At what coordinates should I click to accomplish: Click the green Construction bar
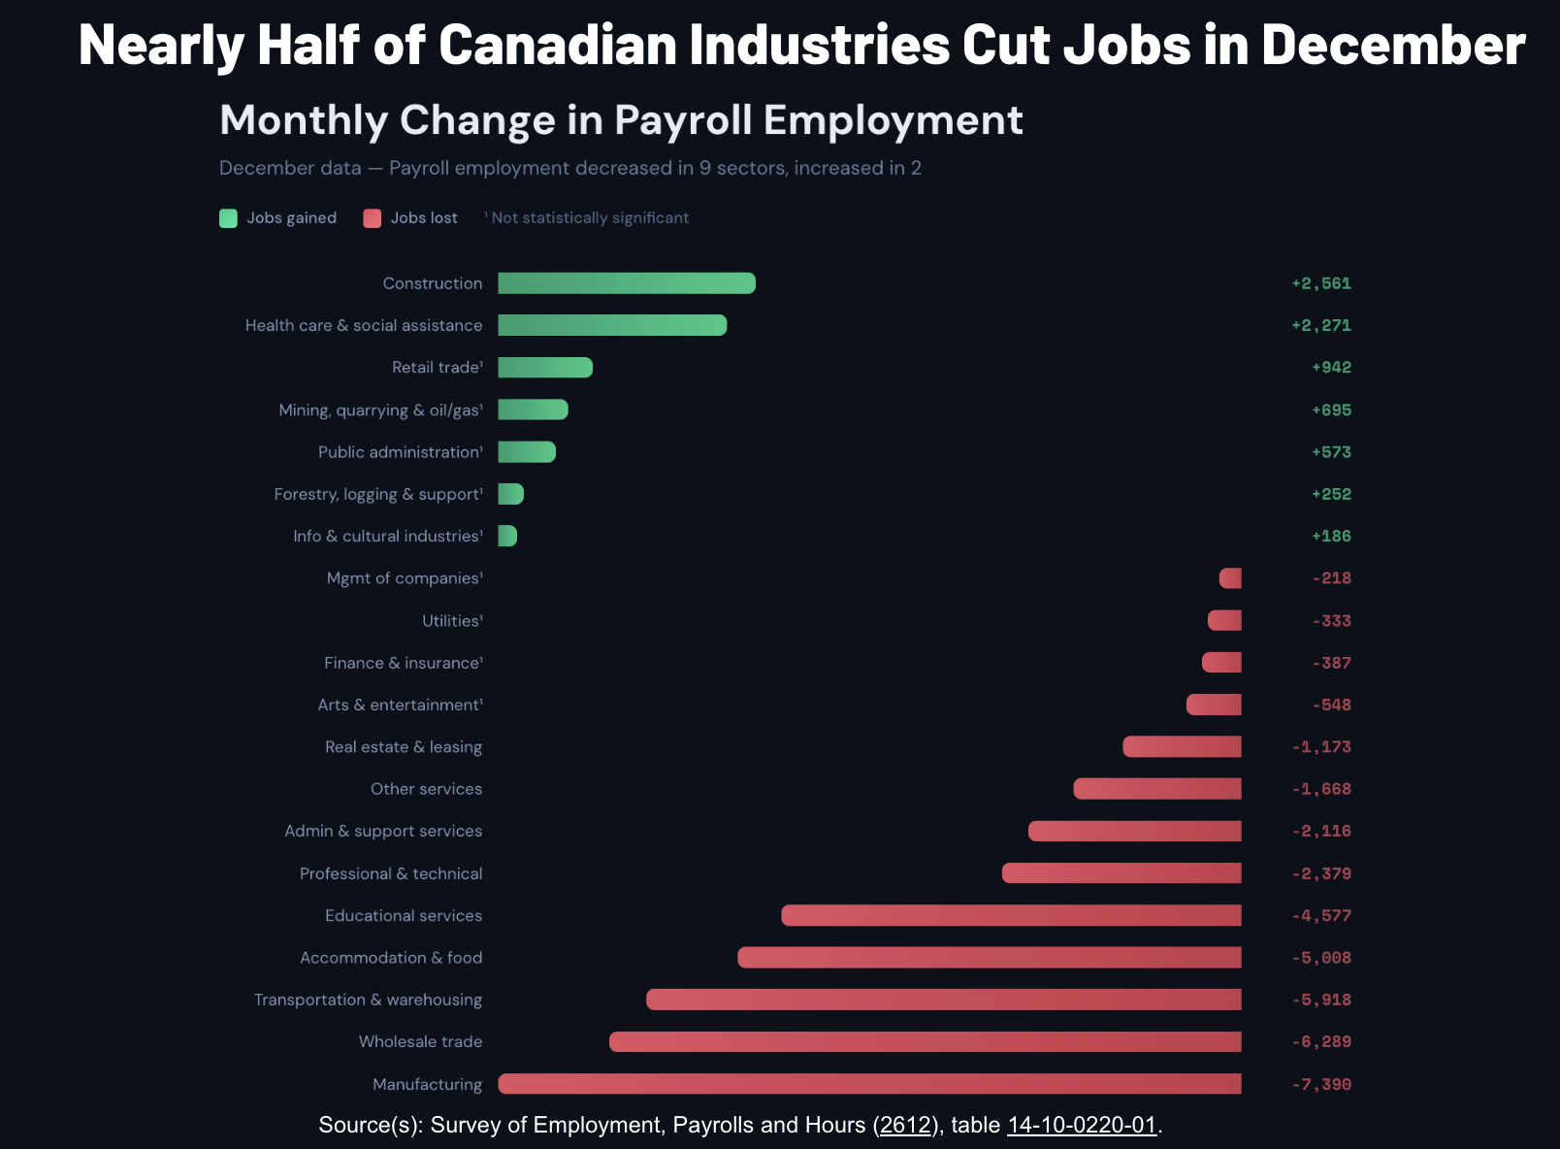(627, 283)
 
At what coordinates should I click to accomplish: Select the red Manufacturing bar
(869, 1084)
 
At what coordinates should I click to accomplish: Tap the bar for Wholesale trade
(925, 1042)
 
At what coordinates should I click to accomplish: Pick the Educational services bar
(1011, 915)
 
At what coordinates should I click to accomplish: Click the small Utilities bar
(1224, 620)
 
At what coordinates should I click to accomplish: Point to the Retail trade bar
(545, 368)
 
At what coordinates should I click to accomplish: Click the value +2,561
(1320, 283)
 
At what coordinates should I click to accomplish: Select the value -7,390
(1320, 1084)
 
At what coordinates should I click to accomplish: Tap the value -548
(1331, 705)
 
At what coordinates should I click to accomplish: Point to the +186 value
(1331, 536)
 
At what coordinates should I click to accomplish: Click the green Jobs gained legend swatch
(229, 218)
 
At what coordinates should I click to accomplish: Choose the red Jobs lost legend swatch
(373, 218)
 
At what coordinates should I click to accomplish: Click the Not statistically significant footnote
(589, 218)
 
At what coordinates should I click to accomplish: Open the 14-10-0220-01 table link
(1082, 1125)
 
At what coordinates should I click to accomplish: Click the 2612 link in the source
(905, 1125)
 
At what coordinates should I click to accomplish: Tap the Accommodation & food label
(391, 958)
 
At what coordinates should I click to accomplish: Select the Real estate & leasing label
(404, 747)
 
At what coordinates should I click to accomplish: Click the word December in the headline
(1393, 45)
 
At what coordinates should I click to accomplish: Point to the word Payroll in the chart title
(683, 120)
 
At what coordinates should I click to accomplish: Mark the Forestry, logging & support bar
(511, 494)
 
